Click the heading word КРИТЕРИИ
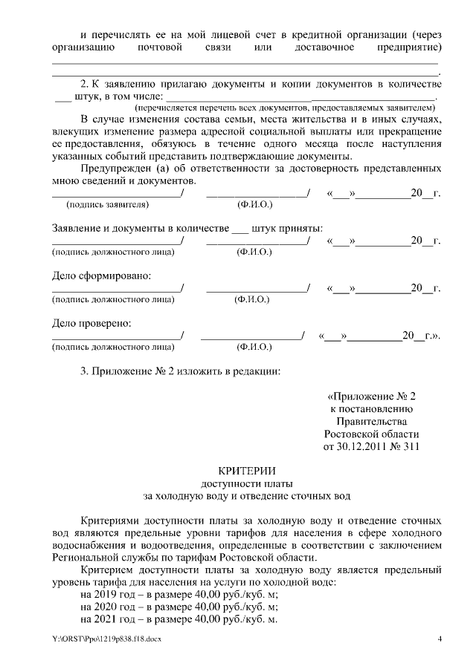(246, 470)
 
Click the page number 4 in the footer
(439, 639)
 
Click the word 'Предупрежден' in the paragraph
(114, 169)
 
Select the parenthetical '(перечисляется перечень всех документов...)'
(286, 108)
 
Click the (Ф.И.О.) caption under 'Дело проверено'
(254, 347)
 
